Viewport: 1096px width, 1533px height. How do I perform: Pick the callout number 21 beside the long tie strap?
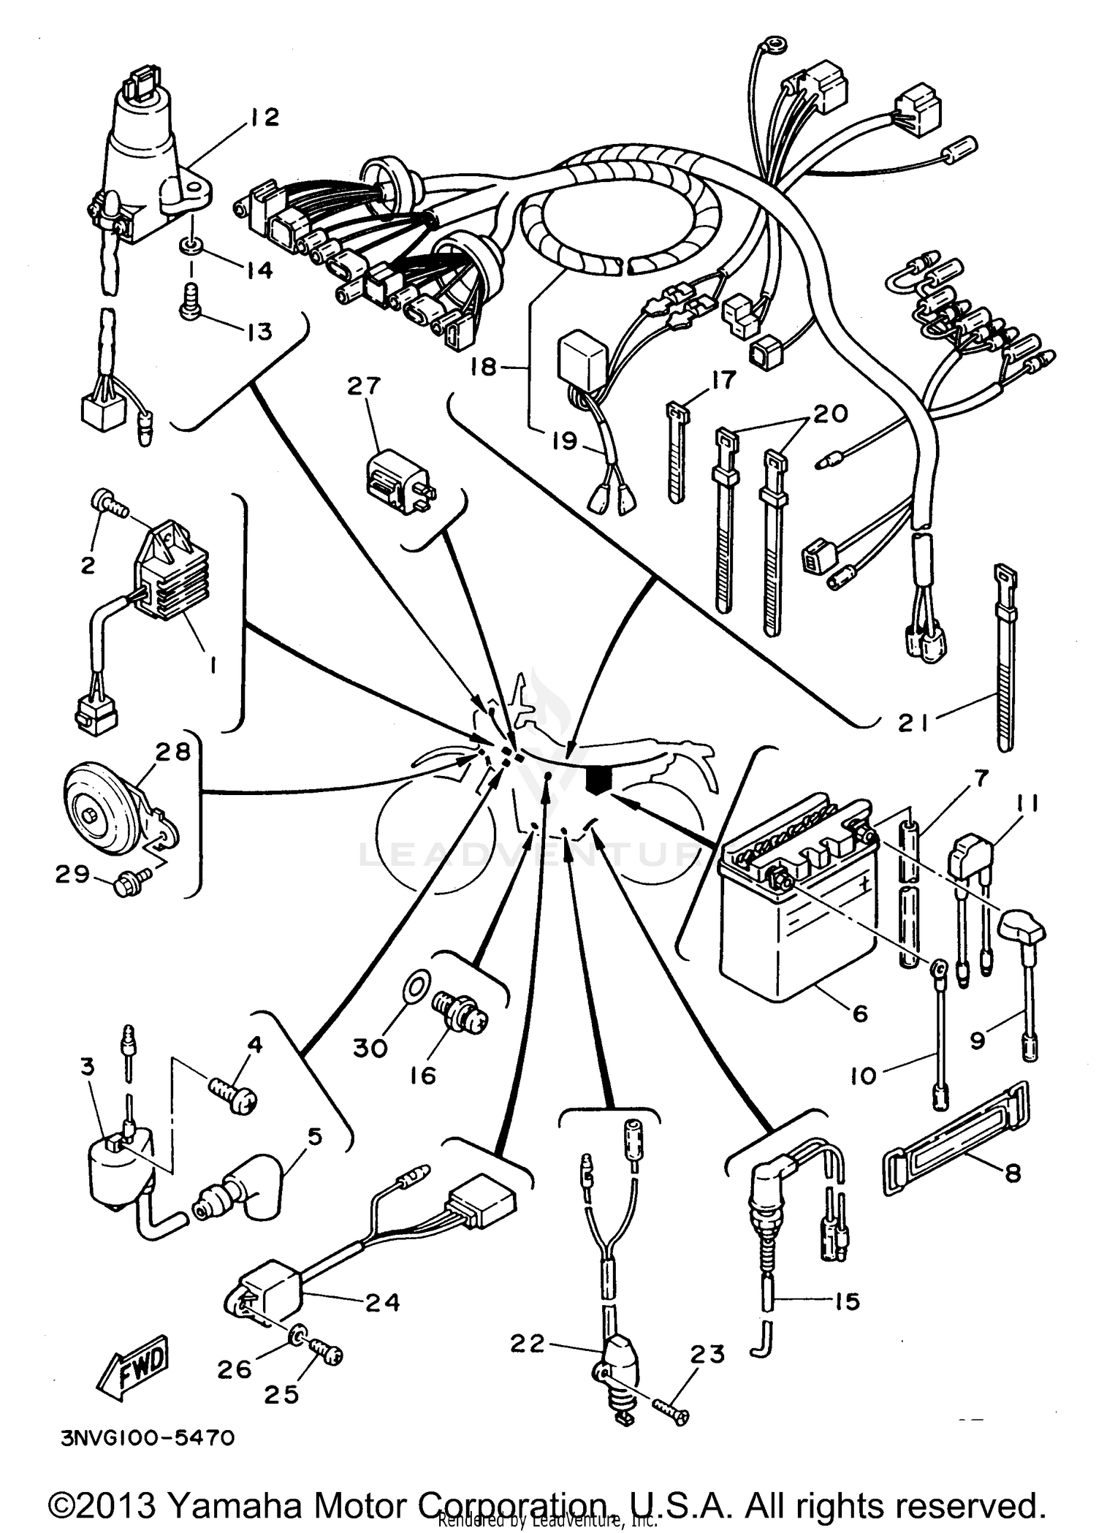914,723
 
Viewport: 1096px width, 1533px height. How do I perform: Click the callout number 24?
383,1301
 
